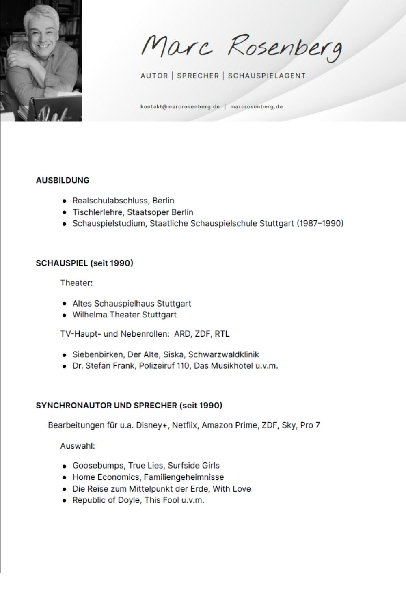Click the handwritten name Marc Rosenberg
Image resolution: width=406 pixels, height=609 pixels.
click(x=241, y=49)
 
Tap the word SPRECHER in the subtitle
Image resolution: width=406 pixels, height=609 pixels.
click(x=198, y=76)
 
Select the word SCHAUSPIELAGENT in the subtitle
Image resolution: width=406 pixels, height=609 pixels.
click(x=267, y=76)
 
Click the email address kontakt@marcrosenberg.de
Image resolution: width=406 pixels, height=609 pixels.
click(x=180, y=107)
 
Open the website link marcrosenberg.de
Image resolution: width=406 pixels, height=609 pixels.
click(x=256, y=107)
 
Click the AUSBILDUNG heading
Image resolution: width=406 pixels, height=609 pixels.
click(x=63, y=180)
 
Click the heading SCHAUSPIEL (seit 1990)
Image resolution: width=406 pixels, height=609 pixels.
click(x=84, y=263)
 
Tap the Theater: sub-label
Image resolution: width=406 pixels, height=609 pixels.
click(x=76, y=283)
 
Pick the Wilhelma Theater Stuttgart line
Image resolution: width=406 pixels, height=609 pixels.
click(x=124, y=315)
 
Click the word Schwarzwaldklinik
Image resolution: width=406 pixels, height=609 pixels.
click(x=223, y=354)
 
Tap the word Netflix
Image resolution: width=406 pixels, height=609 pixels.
click(x=185, y=425)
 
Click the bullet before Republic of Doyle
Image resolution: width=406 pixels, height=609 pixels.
click(x=64, y=501)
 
